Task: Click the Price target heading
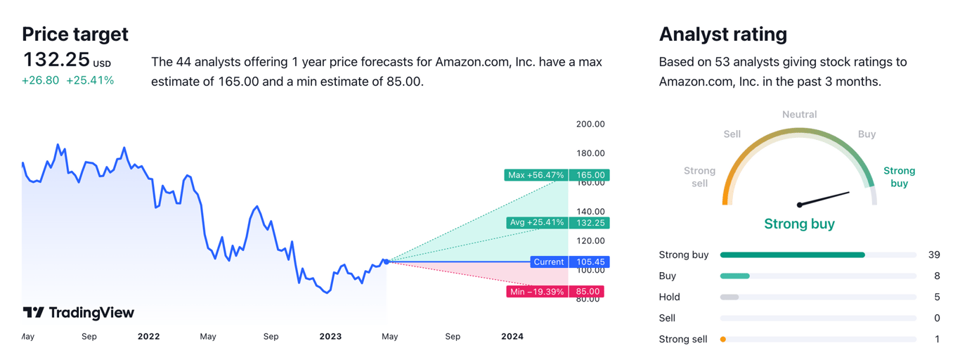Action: tap(75, 34)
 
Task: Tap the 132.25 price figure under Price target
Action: tap(56, 59)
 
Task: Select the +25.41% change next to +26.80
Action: tap(90, 80)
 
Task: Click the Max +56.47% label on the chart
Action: tap(536, 175)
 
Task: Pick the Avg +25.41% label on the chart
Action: tap(537, 223)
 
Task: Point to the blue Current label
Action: tap(549, 262)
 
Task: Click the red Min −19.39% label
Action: tap(537, 292)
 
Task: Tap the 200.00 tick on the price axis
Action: tap(590, 124)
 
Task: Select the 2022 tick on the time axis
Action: tap(149, 337)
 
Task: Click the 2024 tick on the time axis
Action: tap(512, 337)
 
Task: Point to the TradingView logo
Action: tap(78, 313)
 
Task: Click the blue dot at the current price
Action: tap(386, 262)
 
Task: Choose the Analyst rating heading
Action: tap(723, 34)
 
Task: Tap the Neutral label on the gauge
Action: tap(800, 115)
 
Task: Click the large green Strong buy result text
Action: tap(800, 224)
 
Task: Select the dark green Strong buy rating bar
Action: tap(792, 255)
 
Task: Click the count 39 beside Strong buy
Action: tap(934, 255)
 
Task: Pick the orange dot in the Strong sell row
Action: tap(723, 340)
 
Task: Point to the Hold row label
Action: tap(669, 297)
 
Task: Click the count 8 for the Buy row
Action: tap(937, 276)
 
